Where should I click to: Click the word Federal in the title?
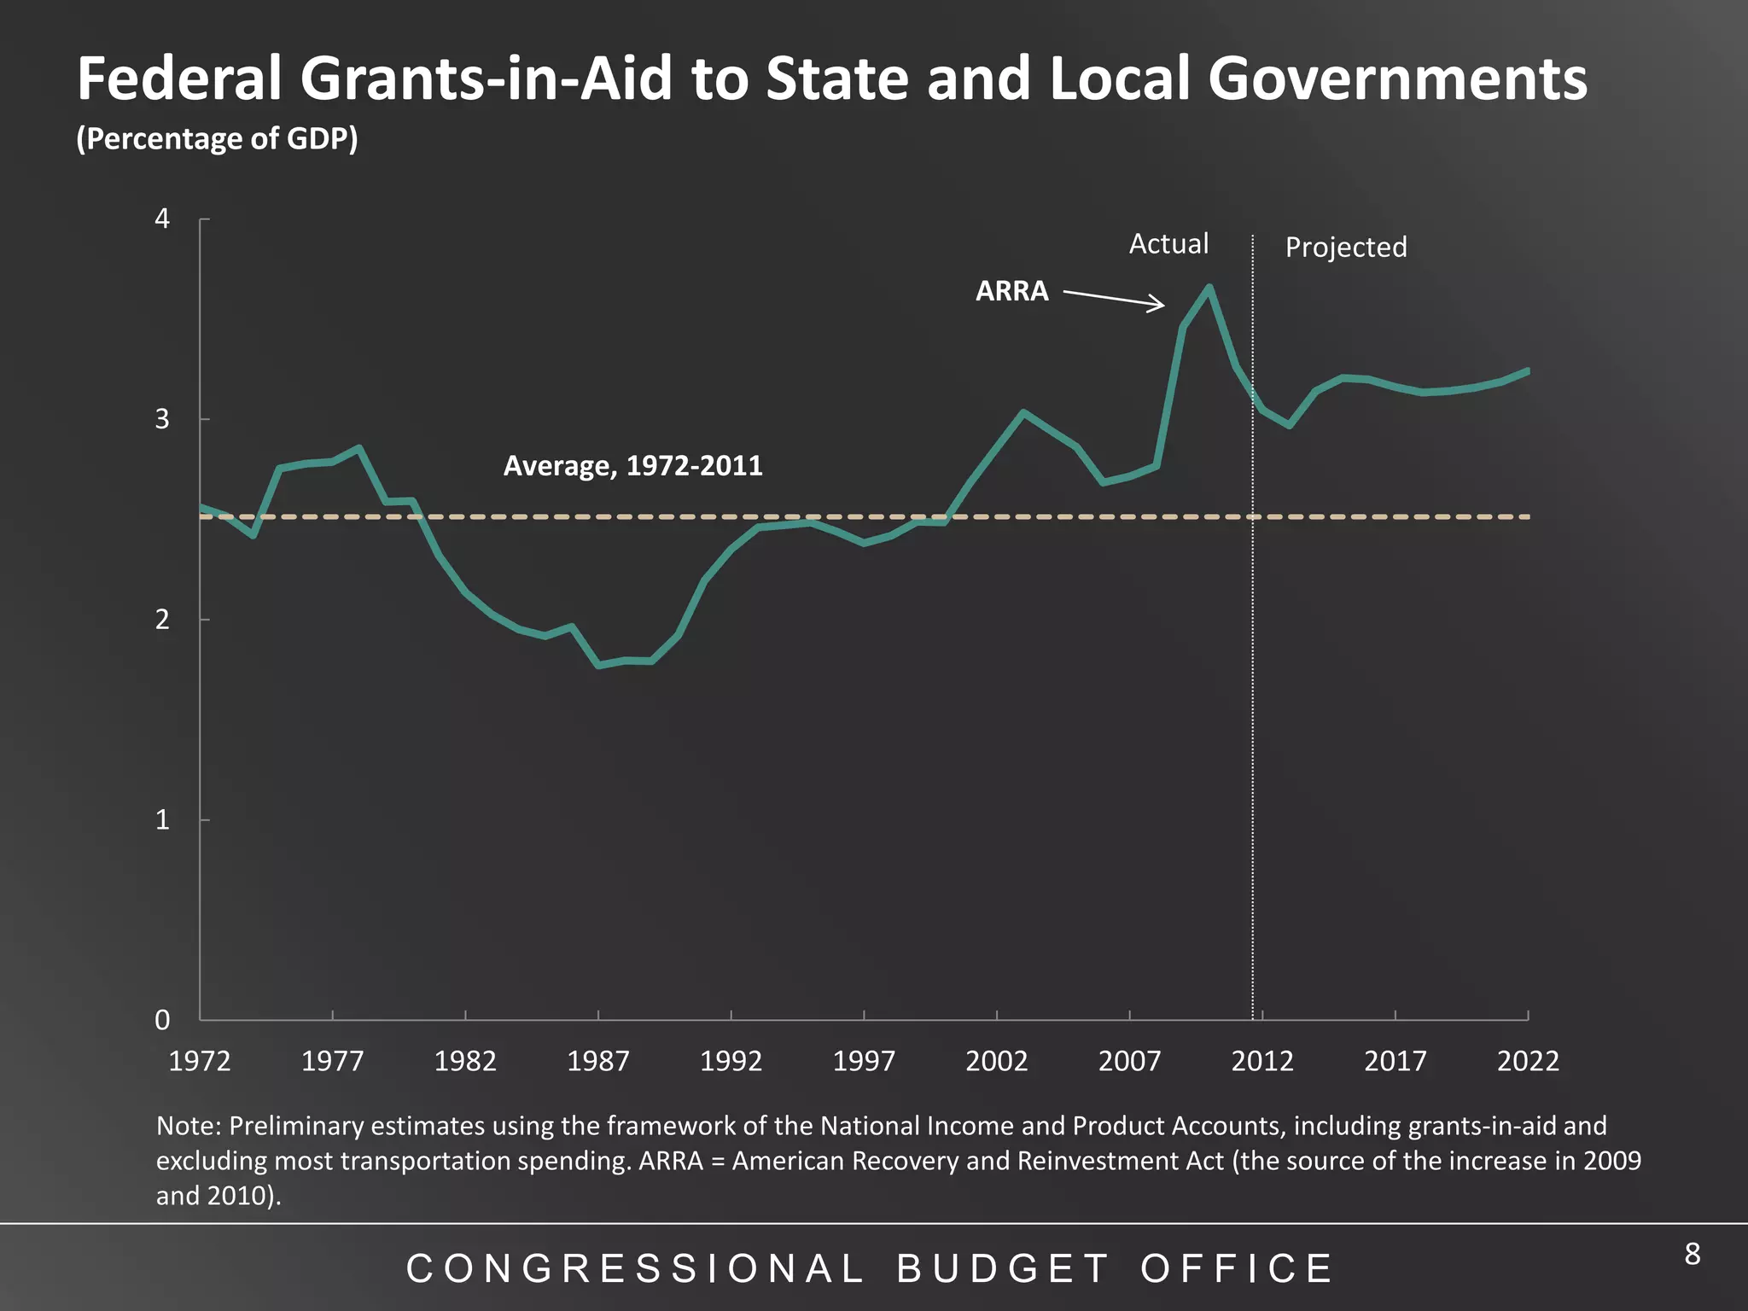pyautogui.click(x=179, y=79)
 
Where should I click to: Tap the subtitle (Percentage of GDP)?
pyautogui.click(x=217, y=138)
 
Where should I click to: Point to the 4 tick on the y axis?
pyautogui.click(x=162, y=219)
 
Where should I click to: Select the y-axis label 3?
pyautogui.click(x=162, y=419)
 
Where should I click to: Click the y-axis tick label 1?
pyautogui.click(x=162, y=820)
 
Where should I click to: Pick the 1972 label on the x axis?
pyautogui.click(x=200, y=1061)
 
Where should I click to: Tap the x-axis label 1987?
pyautogui.click(x=598, y=1061)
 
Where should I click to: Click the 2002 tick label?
pyautogui.click(x=996, y=1061)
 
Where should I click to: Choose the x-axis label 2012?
pyautogui.click(x=1261, y=1061)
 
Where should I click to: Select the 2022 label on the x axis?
pyautogui.click(x=1528, y=1061)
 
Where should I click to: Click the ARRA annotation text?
pyautogui.click(x=1011, y=291)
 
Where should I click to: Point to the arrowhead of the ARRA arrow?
pyautogui.click(x=1160, y=305)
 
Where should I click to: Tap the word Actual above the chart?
pyautogui.click(x=1168, y=244)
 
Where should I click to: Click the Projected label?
pyautogui.click(x=1346, y=248)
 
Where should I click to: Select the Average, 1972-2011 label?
pyautogui.click(x=632, y=466)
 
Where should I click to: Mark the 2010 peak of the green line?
pyautogui.click(x=1209, y=288)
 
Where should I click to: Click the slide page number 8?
pyautogui.click(x=1692, y=1254)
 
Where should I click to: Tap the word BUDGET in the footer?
pyautogui.click(x=1004, y=1269)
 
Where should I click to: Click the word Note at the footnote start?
pyautogui.click(x=188, y=1126)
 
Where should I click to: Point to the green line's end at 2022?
pyautogui.click(x=1527, y=371)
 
